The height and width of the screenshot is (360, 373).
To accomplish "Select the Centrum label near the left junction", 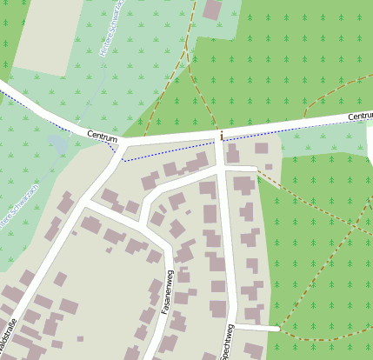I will [x=102, y=134].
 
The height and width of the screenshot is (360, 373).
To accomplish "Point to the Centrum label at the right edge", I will [x=359, y=116].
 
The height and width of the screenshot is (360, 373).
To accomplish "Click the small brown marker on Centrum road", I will [x=222, y=136].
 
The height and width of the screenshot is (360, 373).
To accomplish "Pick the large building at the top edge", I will [x=212, y=10].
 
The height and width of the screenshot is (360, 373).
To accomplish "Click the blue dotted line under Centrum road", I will [x=174, y=150].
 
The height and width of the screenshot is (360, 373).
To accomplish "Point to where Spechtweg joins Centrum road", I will [x=220, y=139].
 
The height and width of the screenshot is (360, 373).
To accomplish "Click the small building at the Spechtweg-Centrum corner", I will [x=232, y=156].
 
